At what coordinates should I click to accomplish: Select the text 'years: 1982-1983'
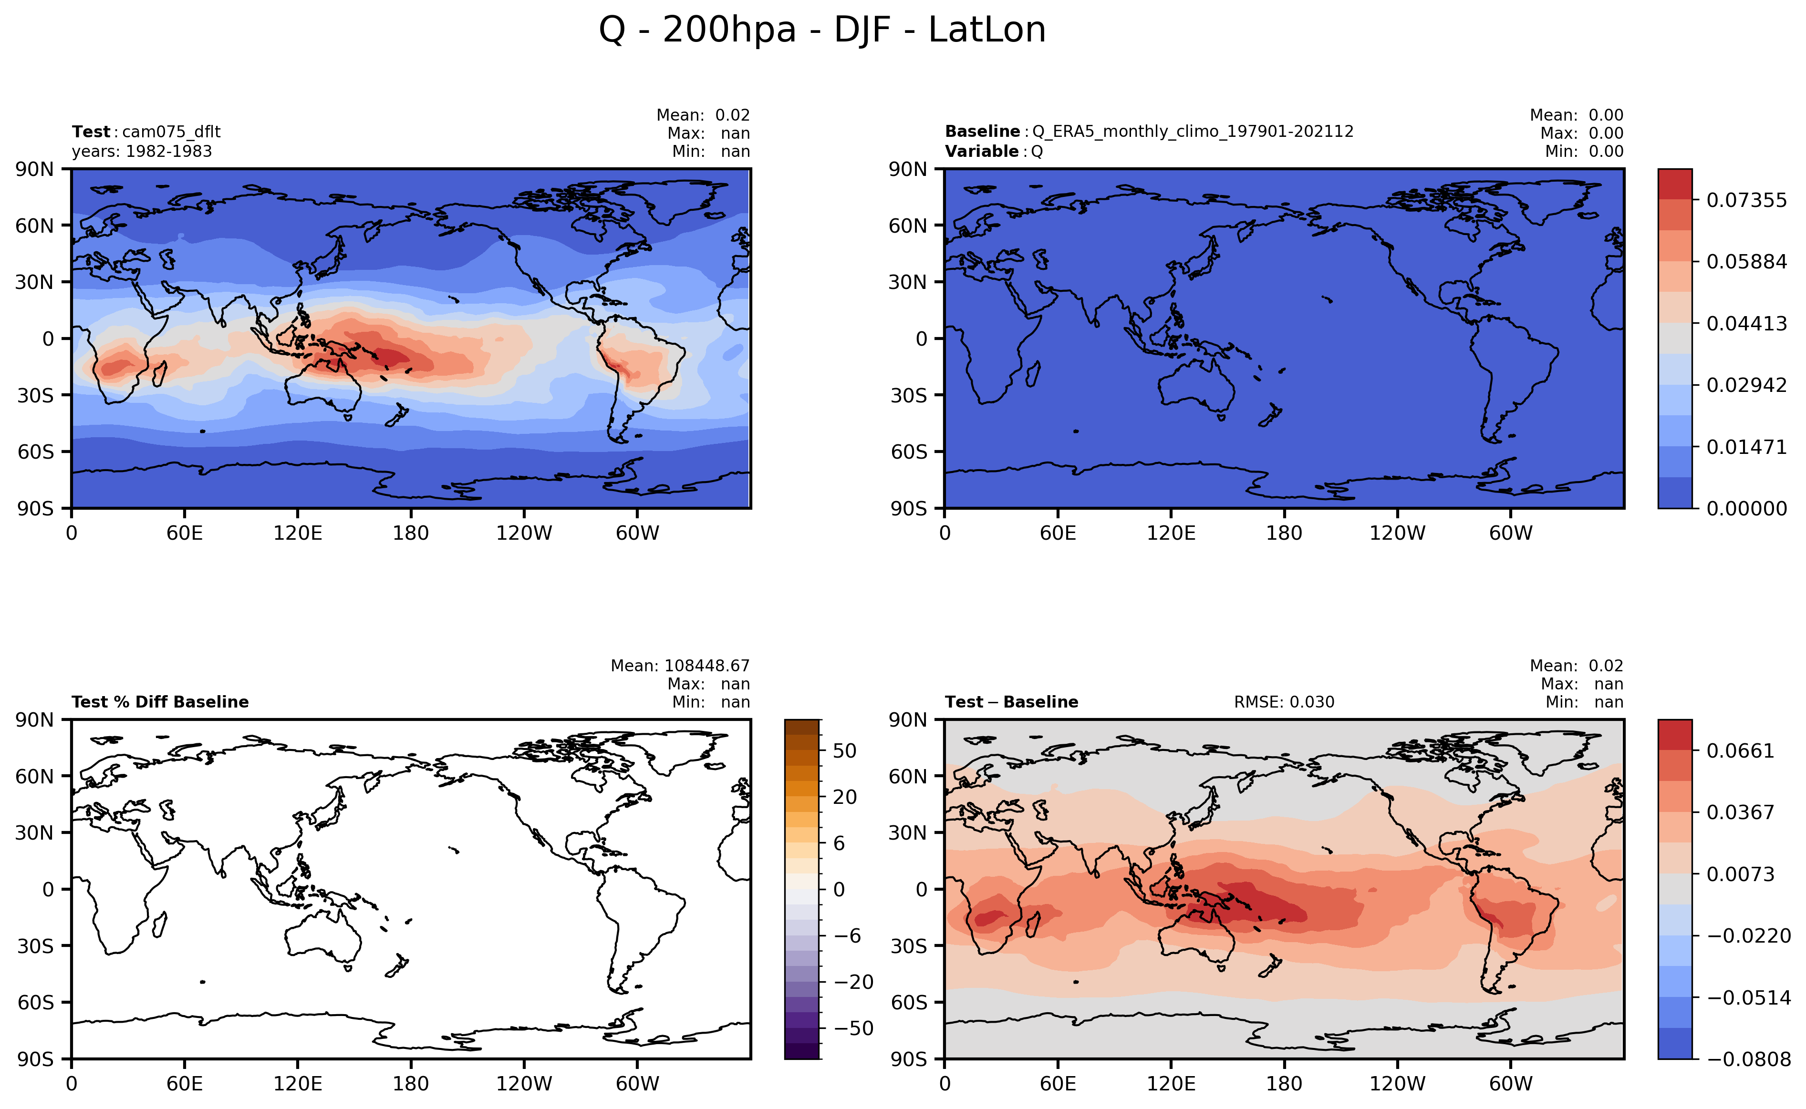pyautogui.click(x=142, y=152)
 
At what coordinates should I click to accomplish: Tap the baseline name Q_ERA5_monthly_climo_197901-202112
pyautogui.click(x=1193, y=132)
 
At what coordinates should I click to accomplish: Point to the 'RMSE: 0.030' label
pyautogui.click(x=1284, y=702)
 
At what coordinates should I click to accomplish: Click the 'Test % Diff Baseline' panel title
pyautogui.click(x=160, y=702)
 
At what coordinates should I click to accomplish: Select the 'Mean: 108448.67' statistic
pyautogui.click(x=680, y=666)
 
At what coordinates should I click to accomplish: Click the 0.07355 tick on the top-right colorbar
pyautogui.click(x=1746, y=200)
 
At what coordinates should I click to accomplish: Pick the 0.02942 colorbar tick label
pyautogui.click(x=1746, y=385)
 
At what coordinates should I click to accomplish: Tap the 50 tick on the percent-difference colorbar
pyautogui.click(x=845, y=750)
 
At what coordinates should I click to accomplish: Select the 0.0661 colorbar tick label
pyautogui.click(x=1740, y=750)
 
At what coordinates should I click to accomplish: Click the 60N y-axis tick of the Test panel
pyautogui.click(x=34, y=225)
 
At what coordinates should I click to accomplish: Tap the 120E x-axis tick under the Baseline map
pyautogui.click(x=1171, y=533)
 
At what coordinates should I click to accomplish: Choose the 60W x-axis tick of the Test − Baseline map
pyautogui.click(x=1510, y=1083)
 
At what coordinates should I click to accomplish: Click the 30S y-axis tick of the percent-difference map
pyautogui.click(x=35, y=945)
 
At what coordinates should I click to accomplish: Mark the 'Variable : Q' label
pyautogui.click(x=994, y=152)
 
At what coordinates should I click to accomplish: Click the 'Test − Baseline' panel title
pyautogui.click(x=1011, y=702)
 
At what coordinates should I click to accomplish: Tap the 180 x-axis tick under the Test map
pyautogui.click(x=410, y=533)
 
